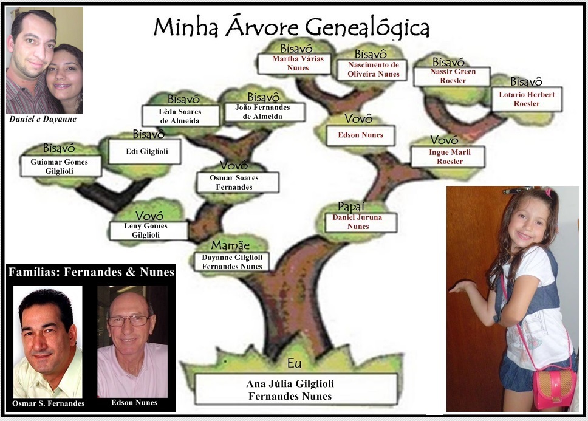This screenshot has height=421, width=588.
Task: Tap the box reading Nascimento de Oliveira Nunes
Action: point(374,69)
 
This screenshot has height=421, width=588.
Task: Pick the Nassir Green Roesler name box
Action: point(451,76)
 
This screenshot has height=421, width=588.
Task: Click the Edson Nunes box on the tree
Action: point(361,135)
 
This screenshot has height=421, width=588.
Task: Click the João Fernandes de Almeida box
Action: point(262,112)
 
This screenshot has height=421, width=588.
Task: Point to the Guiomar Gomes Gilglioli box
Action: point(60,166)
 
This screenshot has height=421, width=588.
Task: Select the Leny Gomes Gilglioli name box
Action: point(146,231)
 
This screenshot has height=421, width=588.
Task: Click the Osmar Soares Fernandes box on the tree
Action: point(238,182)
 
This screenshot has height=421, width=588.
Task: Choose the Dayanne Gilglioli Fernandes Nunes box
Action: point(232,262)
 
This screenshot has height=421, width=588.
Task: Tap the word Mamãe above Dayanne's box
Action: point(230,245)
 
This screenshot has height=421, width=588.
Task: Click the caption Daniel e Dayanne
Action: point(43,119)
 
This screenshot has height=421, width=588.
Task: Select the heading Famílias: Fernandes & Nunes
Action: point(91,272)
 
